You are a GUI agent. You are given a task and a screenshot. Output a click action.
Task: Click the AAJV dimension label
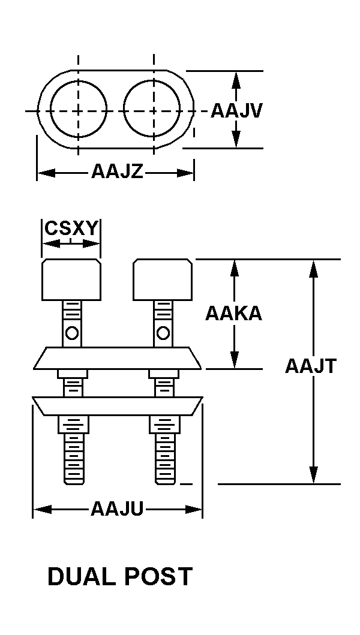click(x=236, y=112)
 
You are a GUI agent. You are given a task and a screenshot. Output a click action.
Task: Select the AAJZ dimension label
click(x=117, y=172)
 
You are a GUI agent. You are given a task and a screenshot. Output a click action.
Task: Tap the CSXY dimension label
click(x=71, y=229)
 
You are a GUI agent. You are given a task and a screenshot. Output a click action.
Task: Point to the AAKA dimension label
click(x=233, y=313)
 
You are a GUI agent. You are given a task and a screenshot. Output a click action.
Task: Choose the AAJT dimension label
click(x=311, y=366)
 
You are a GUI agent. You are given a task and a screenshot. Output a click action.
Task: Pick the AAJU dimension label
click(x=117, y=510)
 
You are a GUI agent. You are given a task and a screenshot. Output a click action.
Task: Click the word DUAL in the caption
click(x=82, y=577)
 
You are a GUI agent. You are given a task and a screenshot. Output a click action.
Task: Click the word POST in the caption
click(x=158, y=577)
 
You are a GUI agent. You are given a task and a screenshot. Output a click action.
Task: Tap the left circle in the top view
click(x=79, y=110)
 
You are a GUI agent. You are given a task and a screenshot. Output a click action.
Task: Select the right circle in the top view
click(x=152, y=110)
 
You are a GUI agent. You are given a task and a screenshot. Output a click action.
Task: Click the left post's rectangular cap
click(x=71, y=279)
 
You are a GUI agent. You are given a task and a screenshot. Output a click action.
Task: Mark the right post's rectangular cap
click(x=163, y=279)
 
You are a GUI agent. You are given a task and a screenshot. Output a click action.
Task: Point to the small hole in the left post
click(x=71, y=332)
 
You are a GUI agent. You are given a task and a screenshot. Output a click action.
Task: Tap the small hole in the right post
click(x=162, y=332)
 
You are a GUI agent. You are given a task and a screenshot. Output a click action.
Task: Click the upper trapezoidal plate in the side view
click(x=117, y=358)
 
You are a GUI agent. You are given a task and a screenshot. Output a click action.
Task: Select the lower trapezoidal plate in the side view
click(x=117, y=406)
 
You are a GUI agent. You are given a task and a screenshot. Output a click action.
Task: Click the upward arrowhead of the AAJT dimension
click(x=313, y=267)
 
